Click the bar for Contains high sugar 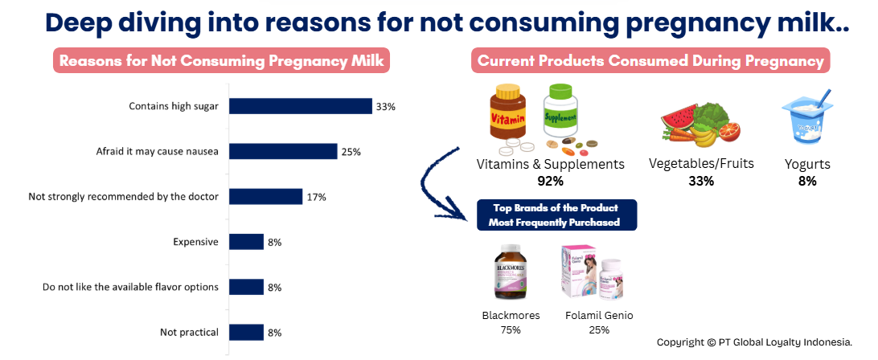pyautogui.click(x=301, y=106)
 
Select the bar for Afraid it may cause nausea pyautogui.click(x=283, y=151)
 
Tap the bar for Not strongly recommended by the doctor pyautogui.click(x=265, y=197)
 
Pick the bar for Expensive pyautogui.click(x=247, y=242)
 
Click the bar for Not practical pyautogui.click(x=247, y=332)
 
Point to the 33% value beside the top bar pyautogui.click(x=386, y=106)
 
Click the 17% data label pyautogui.click(x=316, y=197)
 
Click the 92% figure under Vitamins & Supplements pyautogui.click(x=550, y=181)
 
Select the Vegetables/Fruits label pyautogui.click(x=701, y=164)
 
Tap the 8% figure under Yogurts pyautogui.click(x=806, y=181)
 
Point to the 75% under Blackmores pyautogui.click(x=511, y=329)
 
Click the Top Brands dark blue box pyautogui.click(x=556, y=215)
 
